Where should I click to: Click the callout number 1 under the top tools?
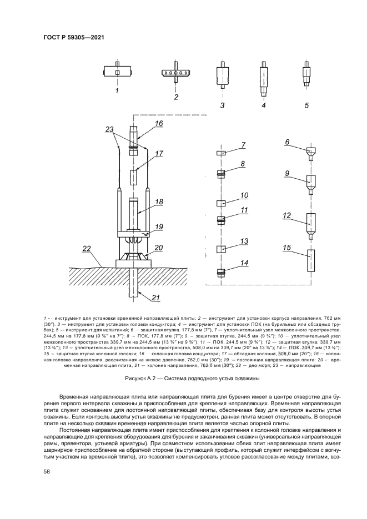point(117,89)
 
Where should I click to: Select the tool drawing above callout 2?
point(175,73)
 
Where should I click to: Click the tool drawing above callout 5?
point(306,74)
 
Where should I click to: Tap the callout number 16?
point(159,124)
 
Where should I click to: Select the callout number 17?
point(159,154)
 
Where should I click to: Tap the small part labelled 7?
point(220,153)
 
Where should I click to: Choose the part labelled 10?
point(220,203)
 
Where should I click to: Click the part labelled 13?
point(220,249)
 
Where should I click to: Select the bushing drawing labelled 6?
point(310,151)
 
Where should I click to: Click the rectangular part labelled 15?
point(310,260)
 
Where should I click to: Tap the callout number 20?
point(158,248)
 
